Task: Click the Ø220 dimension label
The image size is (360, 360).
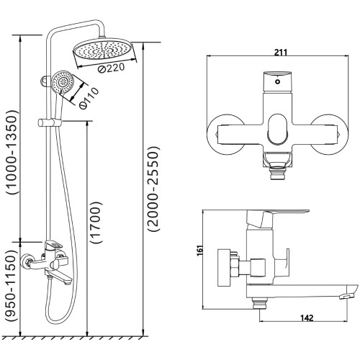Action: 112,68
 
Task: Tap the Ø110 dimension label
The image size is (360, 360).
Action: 89,99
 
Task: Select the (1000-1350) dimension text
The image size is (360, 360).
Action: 12,152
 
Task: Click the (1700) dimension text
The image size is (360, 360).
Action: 96,222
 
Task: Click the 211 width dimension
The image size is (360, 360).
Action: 281,53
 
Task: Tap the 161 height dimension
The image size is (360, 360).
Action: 200,251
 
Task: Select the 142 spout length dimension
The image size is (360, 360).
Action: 307,318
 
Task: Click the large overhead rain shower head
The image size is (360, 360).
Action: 104,51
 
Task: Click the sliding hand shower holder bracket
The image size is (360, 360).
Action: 50,122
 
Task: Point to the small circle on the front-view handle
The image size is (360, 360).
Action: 278,82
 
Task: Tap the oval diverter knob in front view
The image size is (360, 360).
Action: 278,130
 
